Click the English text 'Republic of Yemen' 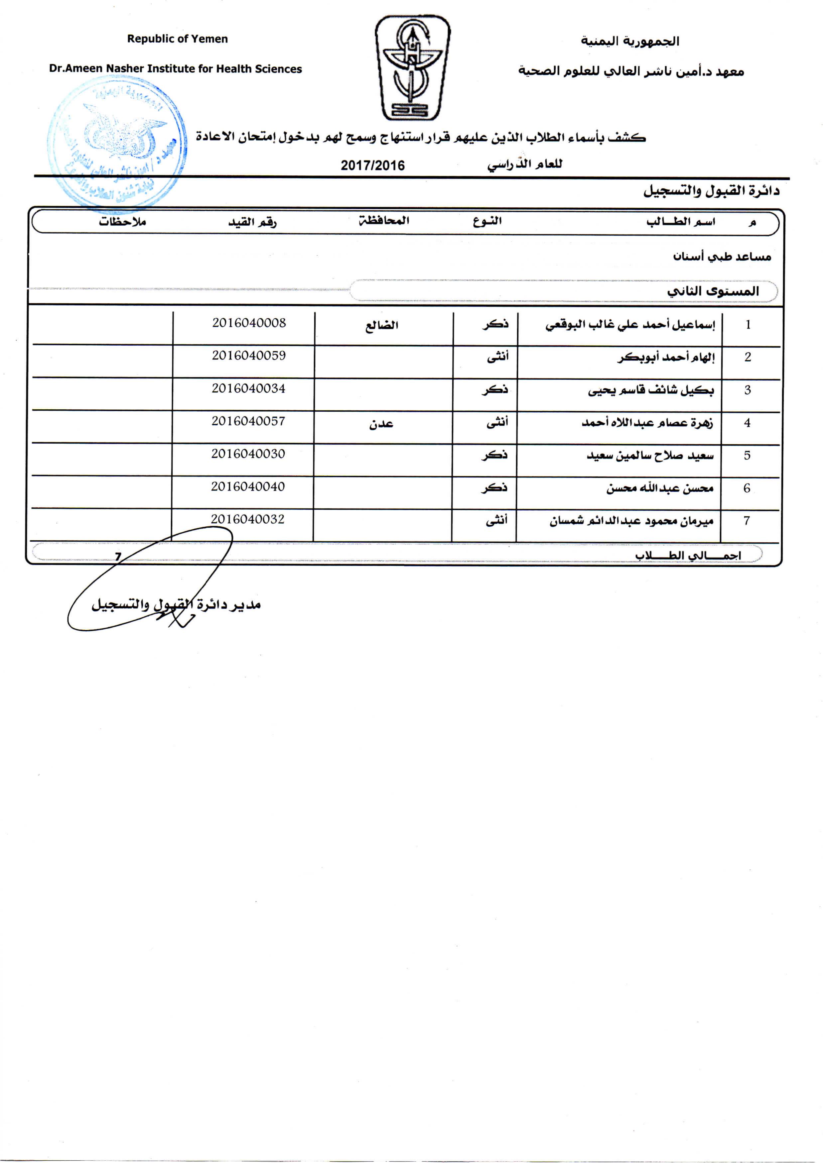[x=177, y=39]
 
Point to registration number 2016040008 [x=249, y=323]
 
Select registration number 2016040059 [x=249, y=356]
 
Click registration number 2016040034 [x=248, y=388]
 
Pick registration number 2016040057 [x=248, y=421]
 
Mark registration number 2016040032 [x=248, y=519]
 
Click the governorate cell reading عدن [x=381, y=424]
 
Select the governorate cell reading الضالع [x=382, y=325]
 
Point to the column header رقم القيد [x=252, y=222]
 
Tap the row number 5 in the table [x=747, y=455]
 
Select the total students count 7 [x=118, y=557]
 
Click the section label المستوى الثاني [x=713, y=291]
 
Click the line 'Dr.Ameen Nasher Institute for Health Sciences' [x=175, y=69]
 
